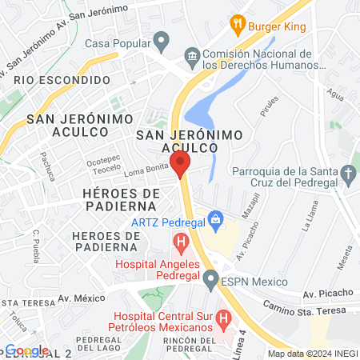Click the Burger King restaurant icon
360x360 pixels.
click(x=236, y=23)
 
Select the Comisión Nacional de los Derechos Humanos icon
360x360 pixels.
click(x=191, y=55)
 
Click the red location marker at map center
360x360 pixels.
click(x=181, y=166)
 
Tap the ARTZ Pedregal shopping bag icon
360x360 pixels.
click(x=214, y=218)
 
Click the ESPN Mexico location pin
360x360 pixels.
click(x=210, y=279)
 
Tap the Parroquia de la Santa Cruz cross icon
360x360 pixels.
click(x=348, y=172)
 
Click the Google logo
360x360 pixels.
click(x=27, y=350)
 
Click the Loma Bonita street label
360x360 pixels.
click(x=146, y=173)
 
